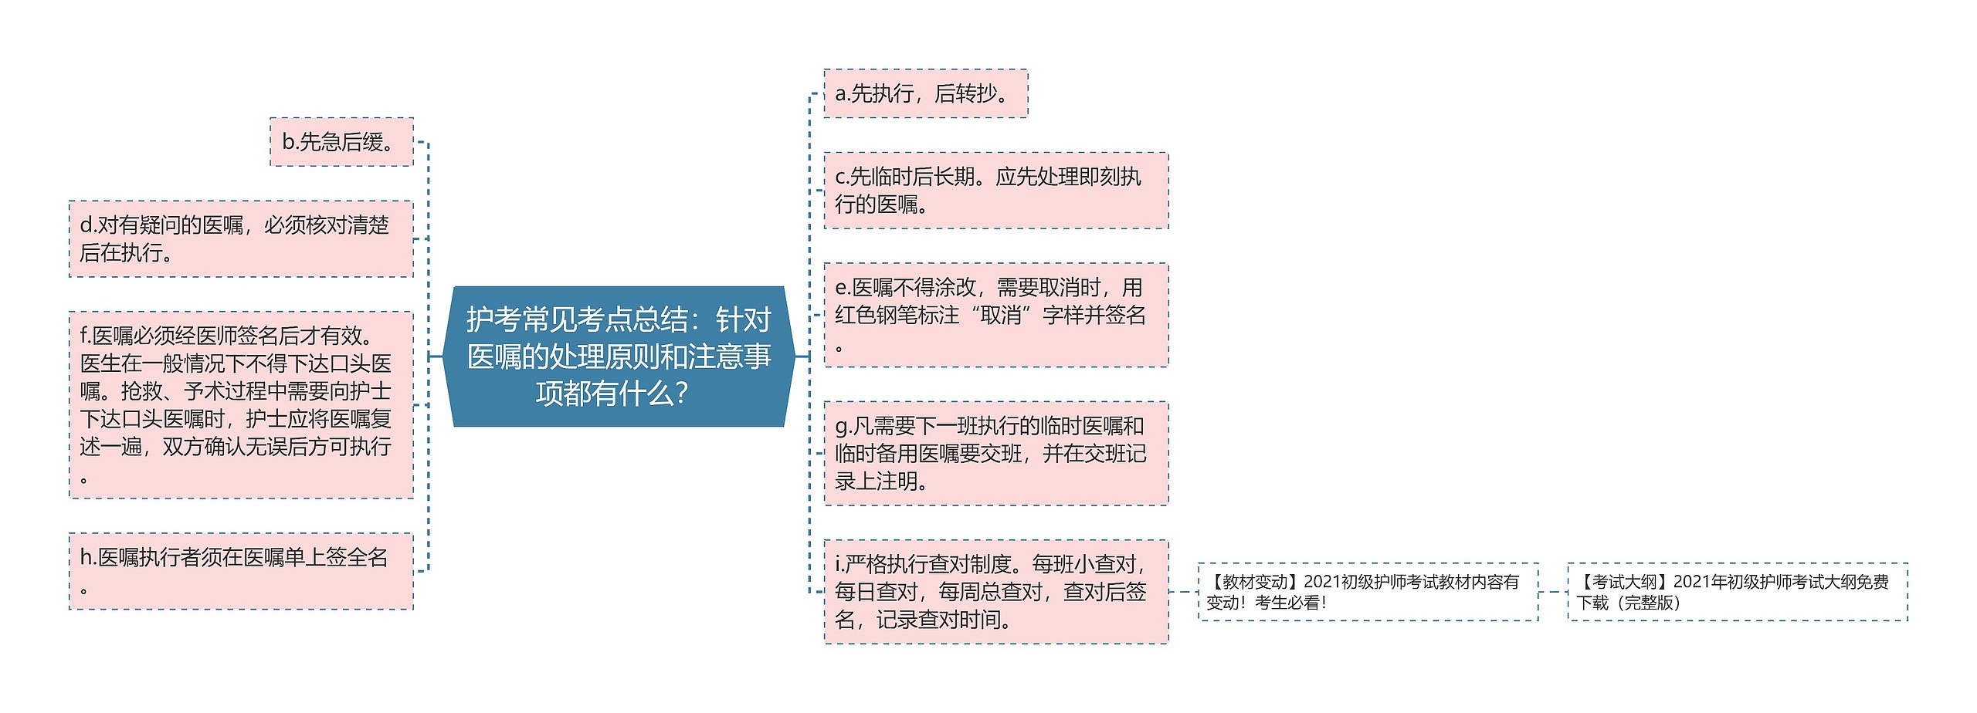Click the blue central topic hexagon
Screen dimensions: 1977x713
point(619,356)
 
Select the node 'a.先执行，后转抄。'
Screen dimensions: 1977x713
point(925,93)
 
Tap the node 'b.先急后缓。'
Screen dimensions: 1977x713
point(341,142)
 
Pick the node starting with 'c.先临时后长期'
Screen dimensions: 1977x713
point(995,191)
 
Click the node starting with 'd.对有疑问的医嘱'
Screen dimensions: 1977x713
point(241,239)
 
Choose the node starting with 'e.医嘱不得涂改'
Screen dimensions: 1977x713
point(995,315)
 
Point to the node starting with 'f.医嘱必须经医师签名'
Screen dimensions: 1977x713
point(241,404)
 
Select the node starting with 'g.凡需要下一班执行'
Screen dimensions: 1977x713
point(995,453)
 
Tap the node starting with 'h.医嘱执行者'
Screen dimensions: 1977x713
point(241,571)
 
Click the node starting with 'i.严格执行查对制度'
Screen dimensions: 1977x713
point(995,592)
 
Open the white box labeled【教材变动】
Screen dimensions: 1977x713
point(1368,592)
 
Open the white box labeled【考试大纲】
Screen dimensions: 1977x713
point(1737,592)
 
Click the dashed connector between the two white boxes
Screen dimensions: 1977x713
point(1553,592)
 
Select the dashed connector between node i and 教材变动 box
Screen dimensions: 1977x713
point(1183,592)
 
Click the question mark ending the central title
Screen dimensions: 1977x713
point(680,394)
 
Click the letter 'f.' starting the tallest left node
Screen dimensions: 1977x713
point(86,336)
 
